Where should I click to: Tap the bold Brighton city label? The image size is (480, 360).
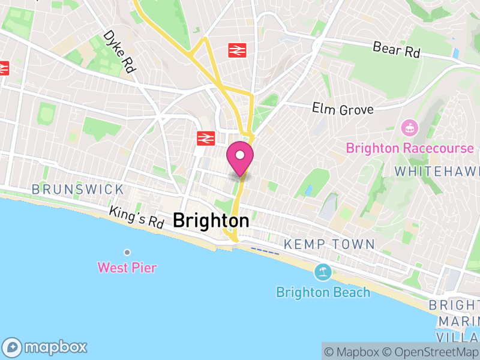coord(211,221)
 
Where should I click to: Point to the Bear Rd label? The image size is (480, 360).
coord(396,50)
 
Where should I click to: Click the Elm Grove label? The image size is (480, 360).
coord(343,109)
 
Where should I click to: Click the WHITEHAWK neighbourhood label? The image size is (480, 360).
coord(437,171)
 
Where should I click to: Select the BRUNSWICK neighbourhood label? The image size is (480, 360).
coord(77,190)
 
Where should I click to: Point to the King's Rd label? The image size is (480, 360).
coord(136,217)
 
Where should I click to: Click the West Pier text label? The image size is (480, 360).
coord(127,268)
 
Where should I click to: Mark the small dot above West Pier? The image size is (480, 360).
coord(127,252)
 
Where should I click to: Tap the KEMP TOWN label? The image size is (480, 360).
coord(329,245)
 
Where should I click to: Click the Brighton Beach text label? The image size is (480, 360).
coord(323,292)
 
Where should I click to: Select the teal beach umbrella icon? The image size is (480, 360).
coord(323,272)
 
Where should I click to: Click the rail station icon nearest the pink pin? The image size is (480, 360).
coord(205,139)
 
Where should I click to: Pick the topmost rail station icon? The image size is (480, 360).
coord(238,50)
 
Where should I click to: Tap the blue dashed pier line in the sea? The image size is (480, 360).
coord(265,250)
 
